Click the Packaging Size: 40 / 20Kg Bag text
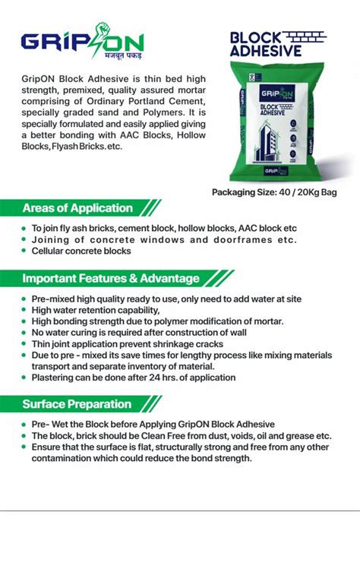point(273,192)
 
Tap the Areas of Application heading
point(77,208)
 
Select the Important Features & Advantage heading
point(111,278)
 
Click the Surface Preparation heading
point(77,404)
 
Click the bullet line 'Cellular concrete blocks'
point(81,251)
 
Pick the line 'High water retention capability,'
point(96,311)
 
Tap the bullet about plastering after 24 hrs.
point(133,378)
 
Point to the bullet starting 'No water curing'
point(139,333)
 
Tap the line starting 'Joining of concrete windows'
point(163,240)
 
